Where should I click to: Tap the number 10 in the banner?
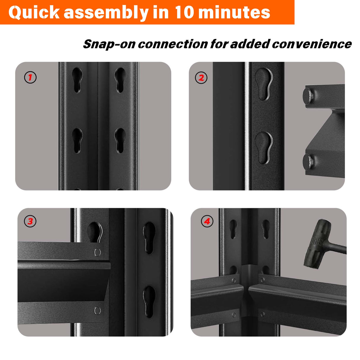(184, 12)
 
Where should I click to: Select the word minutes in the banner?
(234, 12)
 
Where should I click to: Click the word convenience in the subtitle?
(312, 44)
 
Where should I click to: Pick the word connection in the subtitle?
(173, 44)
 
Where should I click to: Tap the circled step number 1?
(30, 78)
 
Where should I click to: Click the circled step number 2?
(201, 78)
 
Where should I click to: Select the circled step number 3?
(30, 221)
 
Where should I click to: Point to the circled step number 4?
(207, 221)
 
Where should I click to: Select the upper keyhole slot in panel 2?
(264, 84)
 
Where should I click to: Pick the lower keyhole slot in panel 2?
(264, 147)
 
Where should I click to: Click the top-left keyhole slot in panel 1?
(77, 79)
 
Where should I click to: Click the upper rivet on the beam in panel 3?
(97, 252)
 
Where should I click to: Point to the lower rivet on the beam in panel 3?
(97, 310)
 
